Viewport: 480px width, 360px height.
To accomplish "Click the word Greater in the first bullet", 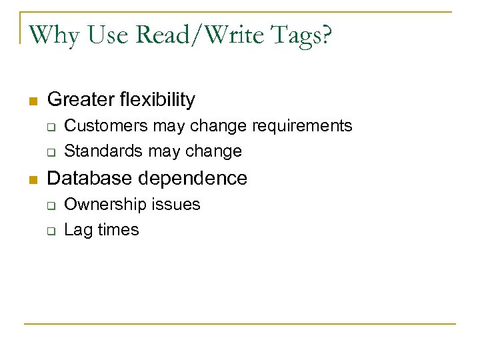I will click(79, 100).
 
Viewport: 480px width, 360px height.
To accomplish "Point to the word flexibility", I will click(155, 100).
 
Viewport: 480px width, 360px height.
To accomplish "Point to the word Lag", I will click(78, 231).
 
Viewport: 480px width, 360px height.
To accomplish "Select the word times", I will click(118, 230).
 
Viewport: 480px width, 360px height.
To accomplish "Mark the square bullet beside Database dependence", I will click(31, 179).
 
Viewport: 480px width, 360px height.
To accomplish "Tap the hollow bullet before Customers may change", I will click(51, 127).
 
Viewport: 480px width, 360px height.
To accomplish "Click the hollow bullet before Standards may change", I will click(51, 152).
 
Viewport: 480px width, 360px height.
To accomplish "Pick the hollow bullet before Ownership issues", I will click(51, 205).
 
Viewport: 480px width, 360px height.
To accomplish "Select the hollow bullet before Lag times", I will click(51, 231).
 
